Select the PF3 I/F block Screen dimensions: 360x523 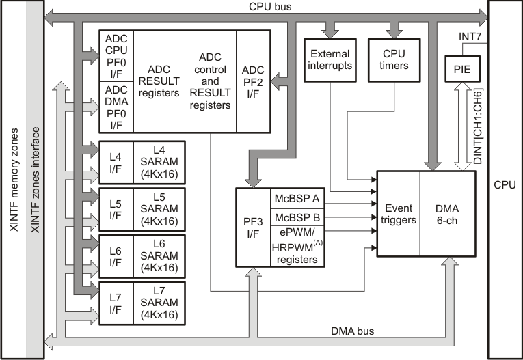tap(253, 227)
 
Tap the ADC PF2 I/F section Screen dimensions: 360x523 tap(253, 81)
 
